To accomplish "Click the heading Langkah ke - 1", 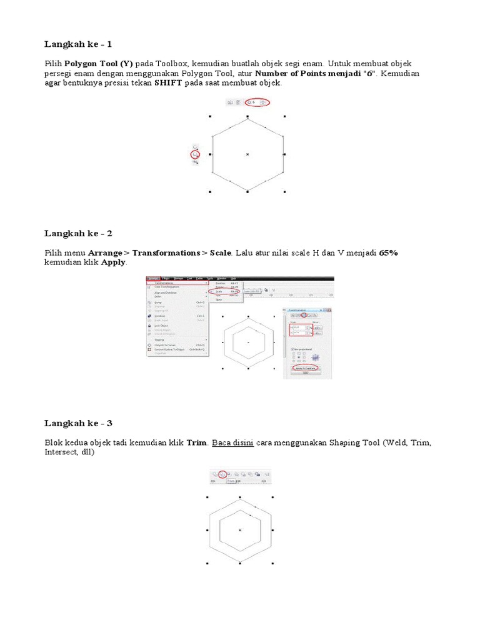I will [x=78, y=44].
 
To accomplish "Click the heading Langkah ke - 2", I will [x=78, y=233].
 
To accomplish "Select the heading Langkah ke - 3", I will [x=78, y=423].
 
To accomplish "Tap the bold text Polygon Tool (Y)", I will [x=99, y=64].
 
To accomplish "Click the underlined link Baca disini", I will [x=232, y=442].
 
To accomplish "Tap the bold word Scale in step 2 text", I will [x=221, y=253].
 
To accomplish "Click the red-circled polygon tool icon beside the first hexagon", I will [x=196, y=154].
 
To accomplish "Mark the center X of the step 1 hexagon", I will [x=248, y=154].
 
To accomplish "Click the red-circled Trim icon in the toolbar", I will [x=222, y=474].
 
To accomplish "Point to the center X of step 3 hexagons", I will [x=240, y=530].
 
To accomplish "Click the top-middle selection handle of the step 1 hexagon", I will [x=248, y=116].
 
